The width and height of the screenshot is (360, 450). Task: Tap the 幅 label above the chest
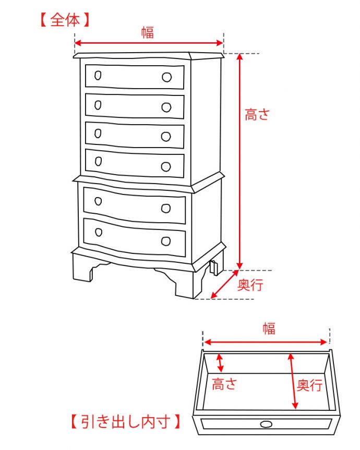[x=148, y=32]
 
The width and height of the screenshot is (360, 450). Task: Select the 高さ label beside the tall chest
[x=257, y=115]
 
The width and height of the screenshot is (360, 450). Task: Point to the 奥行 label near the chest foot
[x=250, y=285]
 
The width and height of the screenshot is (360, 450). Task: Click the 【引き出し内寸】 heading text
[x=126, y=421]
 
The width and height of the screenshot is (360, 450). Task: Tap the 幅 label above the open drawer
[x=269, y=329]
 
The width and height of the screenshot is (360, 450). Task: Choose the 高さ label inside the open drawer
[x=224, y=385]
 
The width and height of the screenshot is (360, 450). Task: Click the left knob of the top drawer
[x=98, y=76]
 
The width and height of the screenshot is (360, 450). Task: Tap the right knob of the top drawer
[x=166, y=78]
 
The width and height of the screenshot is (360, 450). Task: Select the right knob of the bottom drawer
[x=166, y=241]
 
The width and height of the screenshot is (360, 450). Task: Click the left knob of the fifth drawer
[x=98, y=201]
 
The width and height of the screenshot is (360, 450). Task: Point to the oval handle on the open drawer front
[x=266, y=423]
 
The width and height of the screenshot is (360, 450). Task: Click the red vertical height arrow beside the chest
[x=240, y=162]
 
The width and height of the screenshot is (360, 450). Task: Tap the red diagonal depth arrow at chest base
[x=224, y=284]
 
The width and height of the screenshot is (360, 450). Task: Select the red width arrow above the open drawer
[x=266, y=342]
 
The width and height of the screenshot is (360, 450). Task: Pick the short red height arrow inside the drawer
[x=220, y=362]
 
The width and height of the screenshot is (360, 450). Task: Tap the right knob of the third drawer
[x=166, y=137]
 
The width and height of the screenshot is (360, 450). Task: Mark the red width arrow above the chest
[x=149, y=44]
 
